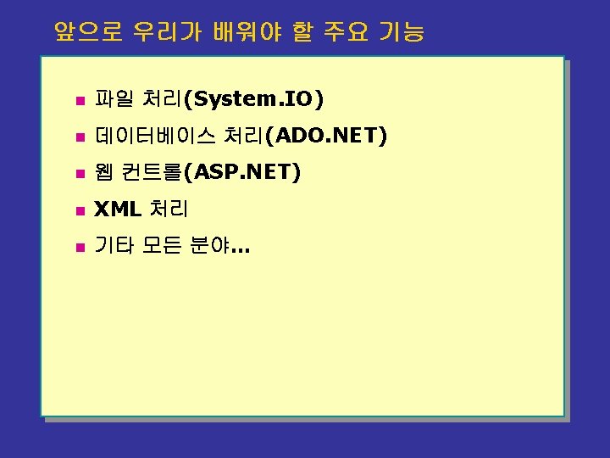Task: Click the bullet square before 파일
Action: tap(80, 101)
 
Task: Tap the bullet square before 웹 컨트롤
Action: tap(80, 175)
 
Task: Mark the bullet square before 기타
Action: tap(80, 248)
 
